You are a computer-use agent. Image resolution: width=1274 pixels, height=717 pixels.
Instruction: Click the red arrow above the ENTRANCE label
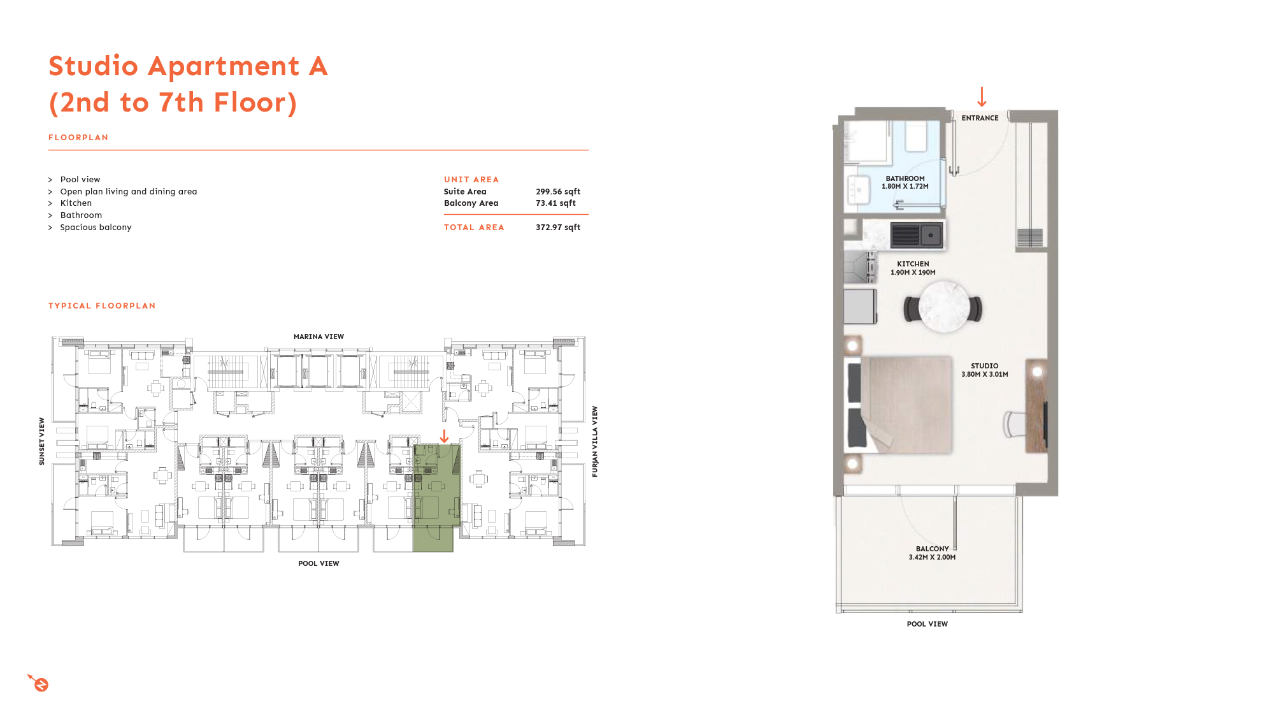point(982,97)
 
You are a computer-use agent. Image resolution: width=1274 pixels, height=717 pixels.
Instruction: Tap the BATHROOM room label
point(905,182)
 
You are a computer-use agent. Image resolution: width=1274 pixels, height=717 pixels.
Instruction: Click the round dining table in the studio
point(943,308)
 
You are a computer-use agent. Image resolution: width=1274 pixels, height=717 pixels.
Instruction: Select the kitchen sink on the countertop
point(931,235)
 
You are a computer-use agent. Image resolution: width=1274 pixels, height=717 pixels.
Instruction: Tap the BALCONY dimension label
point(932,553)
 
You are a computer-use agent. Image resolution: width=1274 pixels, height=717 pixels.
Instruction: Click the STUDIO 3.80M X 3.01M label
point(984,370)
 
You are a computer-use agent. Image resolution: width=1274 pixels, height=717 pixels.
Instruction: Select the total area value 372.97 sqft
point(558,228)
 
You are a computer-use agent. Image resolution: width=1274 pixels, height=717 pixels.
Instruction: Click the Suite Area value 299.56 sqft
point(558,192)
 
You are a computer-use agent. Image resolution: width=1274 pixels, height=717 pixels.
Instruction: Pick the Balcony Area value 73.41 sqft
point(555,203)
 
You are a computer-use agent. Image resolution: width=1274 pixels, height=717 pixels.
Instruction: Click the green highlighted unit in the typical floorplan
point(436,503)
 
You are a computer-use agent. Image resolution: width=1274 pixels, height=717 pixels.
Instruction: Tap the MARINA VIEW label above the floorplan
point(318,337)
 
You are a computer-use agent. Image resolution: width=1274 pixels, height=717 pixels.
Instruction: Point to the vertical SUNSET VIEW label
point(42,441)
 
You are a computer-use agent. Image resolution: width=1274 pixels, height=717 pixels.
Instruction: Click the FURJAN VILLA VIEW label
point(595,441)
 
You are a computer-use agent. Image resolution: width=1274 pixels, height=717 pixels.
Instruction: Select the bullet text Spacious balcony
point(96,228)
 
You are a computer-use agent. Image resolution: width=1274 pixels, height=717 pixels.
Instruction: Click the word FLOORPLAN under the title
point(78,138)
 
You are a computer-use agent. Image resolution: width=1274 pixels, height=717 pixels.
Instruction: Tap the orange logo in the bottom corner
point(39,683)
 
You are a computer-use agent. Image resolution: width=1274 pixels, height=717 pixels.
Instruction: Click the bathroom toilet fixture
point(916,138)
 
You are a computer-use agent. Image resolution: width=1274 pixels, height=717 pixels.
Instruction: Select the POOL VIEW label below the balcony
point(927,624)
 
